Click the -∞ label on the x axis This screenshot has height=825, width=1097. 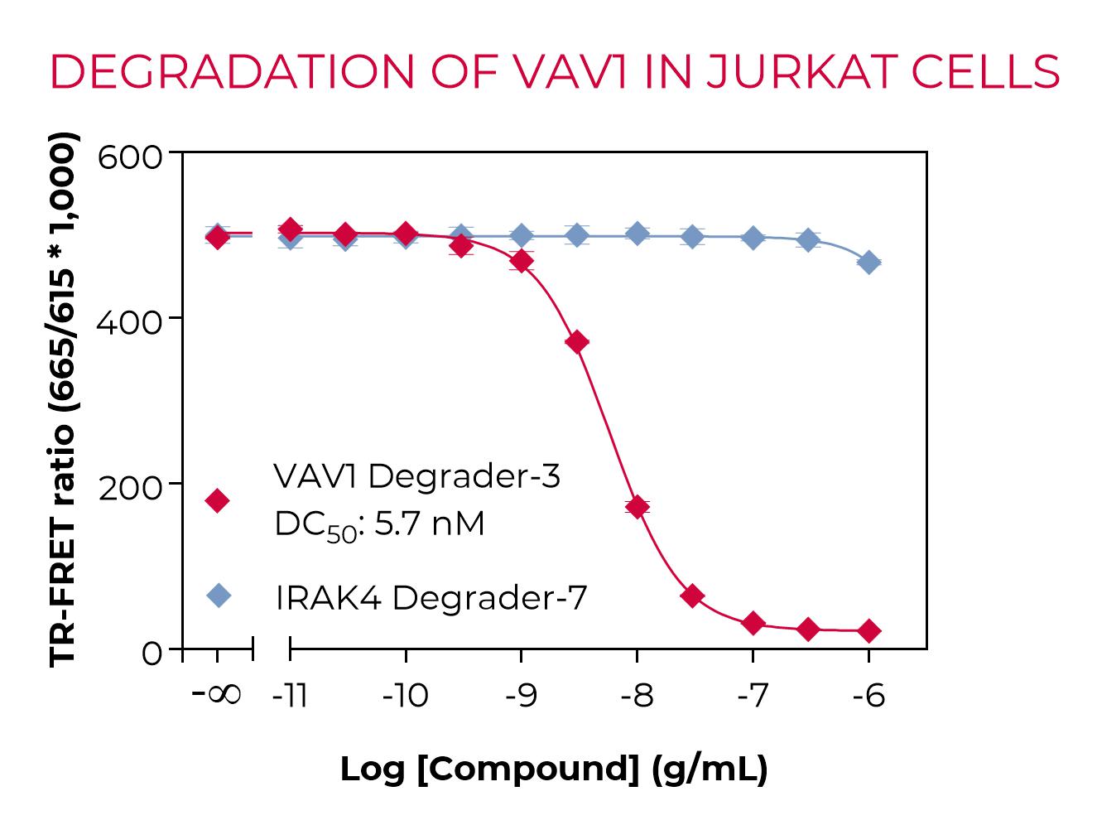tap(217, 694)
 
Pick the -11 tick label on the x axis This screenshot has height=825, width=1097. tap(290, 696)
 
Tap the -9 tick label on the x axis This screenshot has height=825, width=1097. tap(521, 696)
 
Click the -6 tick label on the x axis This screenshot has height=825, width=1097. tap(868, 696)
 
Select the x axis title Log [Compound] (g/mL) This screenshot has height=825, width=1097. tap(554, 769)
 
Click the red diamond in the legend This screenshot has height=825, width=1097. tap(218, 500)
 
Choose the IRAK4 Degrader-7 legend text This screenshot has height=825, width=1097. tap(431, 597)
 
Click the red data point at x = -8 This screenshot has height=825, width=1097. tap(638, 507)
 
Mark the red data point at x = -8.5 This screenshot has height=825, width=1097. tap(578, 342)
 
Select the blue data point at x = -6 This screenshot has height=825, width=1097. tap(868, 263)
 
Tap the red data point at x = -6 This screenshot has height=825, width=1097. tap(868, 631)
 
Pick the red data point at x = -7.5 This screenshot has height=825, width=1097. tap(693, 596)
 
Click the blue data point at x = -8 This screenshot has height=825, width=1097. tap(638, 234)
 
